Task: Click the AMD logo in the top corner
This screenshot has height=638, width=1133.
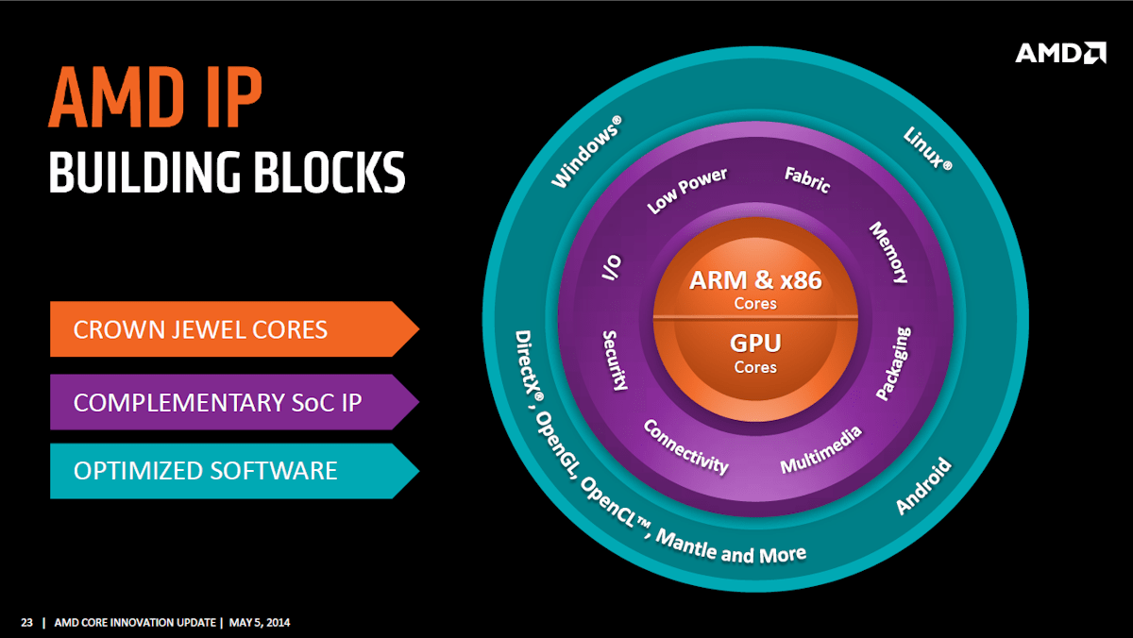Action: (x=1060, y=52)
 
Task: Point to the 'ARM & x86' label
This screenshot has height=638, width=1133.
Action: (x=755, y=279)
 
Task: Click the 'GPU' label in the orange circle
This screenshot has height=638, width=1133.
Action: (x=755, y=343)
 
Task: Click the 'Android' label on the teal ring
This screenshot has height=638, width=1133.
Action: (x=922, y=486)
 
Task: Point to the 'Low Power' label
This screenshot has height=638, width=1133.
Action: (x=686, y=191)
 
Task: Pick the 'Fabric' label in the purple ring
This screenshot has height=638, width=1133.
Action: (x=807, y=179)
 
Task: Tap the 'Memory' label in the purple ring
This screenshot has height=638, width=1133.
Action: (x=888, y=252)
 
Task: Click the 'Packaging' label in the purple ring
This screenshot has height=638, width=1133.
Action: (x=893, y=363)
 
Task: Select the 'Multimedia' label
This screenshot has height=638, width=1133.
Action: (x=820, y=450)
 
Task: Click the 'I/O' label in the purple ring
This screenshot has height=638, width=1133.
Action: (x=612, y=269)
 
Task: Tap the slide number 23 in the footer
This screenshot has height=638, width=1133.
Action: (x=26, y=622)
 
